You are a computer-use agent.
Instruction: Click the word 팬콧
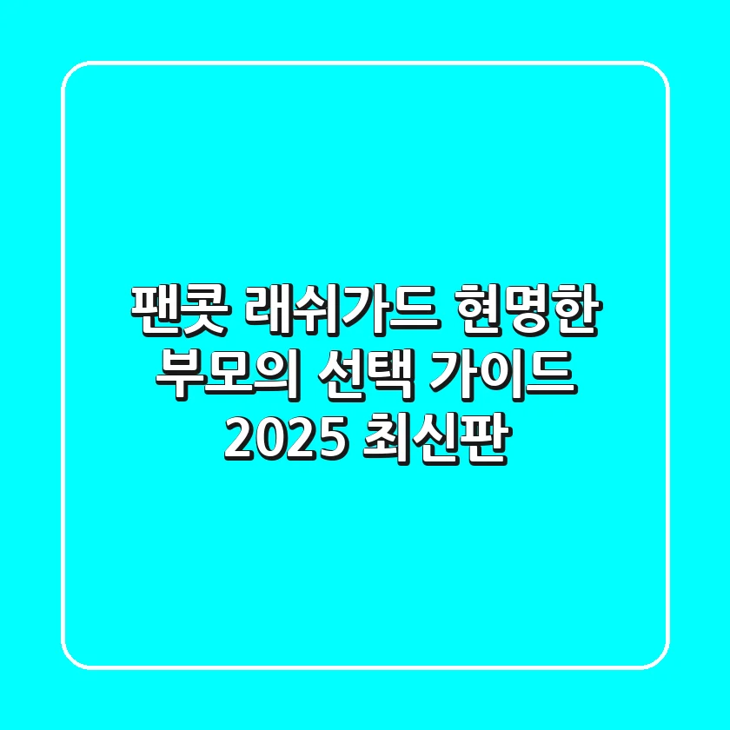tap(179, 309)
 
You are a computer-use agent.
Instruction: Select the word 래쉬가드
tap(342, 309)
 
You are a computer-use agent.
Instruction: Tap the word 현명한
tap(528, 309)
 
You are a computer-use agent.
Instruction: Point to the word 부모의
tap(227, 375)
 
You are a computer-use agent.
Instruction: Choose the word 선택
tap(364, 375)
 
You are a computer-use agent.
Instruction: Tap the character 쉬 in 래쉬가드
tap(318, 309)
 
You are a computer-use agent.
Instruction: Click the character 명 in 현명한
tap(529, 309)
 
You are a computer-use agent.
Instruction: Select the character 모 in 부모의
tap(226, 375)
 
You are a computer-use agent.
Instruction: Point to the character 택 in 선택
tap(389, 375)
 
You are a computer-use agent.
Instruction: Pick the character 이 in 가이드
tap(504, 375)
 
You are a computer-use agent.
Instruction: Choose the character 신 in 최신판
tap(436, 440)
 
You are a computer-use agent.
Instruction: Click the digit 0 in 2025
tap(271, 440)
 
